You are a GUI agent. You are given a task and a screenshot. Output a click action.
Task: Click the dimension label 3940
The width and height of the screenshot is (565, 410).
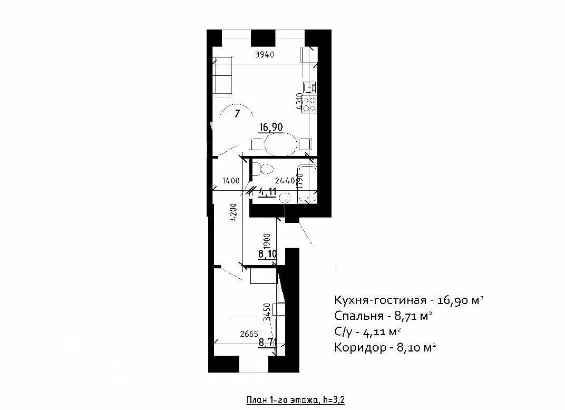tap(265, 55)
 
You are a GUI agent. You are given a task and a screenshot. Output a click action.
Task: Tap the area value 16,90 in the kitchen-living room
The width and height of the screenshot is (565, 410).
tap(271, 127)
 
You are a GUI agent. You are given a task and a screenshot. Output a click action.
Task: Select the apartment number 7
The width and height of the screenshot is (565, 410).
tap(237, 114)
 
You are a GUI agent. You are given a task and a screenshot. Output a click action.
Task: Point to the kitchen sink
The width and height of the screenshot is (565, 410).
tap(309, 87)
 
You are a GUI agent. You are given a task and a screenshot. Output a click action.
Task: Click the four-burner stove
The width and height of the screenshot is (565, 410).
tap(309, 104)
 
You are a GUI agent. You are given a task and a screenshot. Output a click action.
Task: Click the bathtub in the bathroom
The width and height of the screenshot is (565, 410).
tap(307, 184)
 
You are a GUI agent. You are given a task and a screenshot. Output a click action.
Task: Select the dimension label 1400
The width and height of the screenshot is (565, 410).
tap(231, 181)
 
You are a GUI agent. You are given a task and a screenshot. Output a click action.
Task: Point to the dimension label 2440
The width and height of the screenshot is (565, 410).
tap(285, 181)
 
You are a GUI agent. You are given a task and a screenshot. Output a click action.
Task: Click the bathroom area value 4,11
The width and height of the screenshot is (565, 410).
tap(267, 192)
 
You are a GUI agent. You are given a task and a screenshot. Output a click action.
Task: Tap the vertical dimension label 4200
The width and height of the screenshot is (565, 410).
tap(233, 212)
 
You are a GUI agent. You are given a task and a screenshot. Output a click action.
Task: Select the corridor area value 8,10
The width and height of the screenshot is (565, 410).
tap(267, 254)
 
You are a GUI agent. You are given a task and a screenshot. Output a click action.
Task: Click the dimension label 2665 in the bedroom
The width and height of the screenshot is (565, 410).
tap(249, 334)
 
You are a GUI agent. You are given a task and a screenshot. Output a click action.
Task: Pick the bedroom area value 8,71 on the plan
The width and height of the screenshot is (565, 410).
tap(268, 341)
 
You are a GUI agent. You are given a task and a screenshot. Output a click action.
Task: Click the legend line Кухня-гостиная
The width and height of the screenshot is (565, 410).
tap(408, 300)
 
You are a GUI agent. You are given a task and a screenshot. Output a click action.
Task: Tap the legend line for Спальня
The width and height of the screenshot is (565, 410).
tap(383, 316)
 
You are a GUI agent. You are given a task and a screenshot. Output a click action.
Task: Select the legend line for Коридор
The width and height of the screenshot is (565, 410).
tap(385, 347)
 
